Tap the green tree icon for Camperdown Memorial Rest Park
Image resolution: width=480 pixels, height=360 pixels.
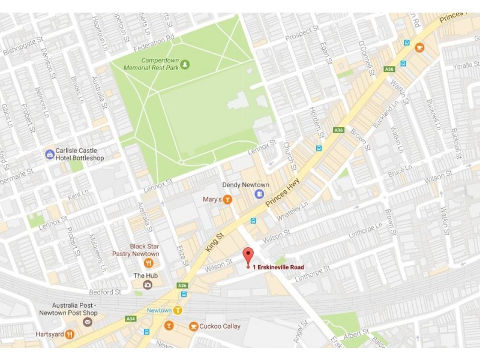185,64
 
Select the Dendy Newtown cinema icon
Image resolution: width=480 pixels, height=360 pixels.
259,194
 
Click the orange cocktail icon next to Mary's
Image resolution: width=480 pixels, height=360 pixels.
227,200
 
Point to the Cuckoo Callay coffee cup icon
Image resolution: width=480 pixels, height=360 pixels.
193,326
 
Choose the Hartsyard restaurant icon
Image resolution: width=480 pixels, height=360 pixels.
70,334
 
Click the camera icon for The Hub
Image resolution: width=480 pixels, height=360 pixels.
147,284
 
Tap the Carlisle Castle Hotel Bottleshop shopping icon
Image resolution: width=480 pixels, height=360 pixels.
49,154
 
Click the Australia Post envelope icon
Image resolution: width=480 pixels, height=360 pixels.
88,322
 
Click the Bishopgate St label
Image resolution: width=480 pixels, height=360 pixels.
23,46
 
